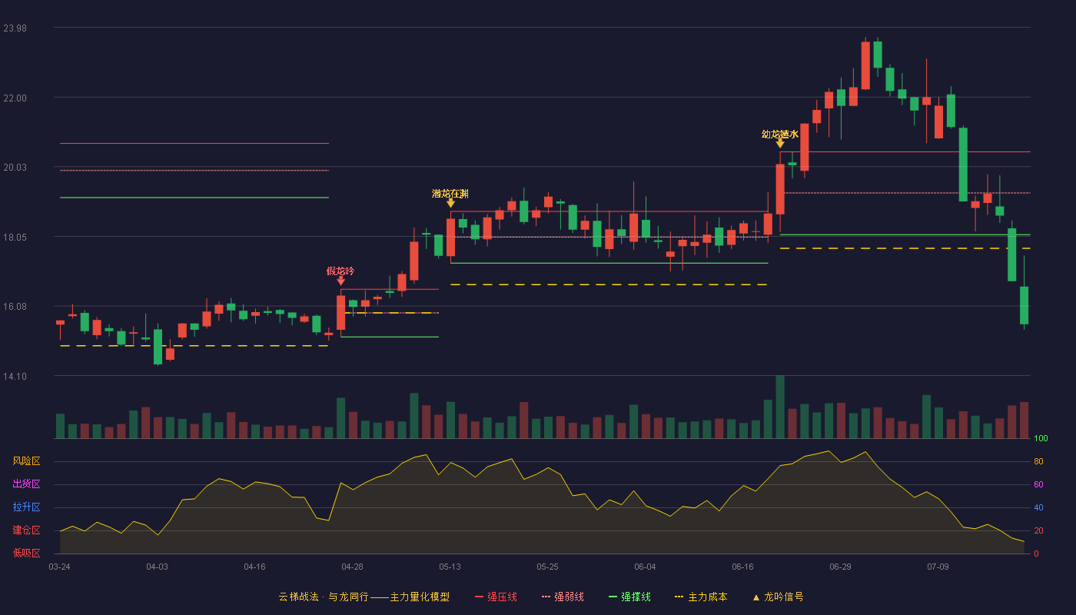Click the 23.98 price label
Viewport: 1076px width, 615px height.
(x=15, y=28)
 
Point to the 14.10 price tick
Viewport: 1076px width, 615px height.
(x=15, y=376)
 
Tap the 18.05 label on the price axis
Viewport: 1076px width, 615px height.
(x=15, y=238)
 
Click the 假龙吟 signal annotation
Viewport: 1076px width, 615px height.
(x=340, y=271)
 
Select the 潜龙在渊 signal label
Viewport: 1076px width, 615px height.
(x=450, y=194)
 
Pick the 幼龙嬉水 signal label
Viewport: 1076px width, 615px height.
(x=779, y=134)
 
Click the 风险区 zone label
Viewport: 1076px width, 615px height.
(x=26, y=460)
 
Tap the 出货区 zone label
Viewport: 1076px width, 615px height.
(x=26, y=484)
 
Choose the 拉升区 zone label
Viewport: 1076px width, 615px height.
(x=26, y=507)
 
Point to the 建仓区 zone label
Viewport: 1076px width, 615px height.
(x=26, y=530)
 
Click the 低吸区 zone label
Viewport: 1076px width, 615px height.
(x=26, y=553)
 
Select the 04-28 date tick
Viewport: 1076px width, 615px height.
(x=352, y=567)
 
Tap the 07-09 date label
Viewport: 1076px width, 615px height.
(x=938, y=567)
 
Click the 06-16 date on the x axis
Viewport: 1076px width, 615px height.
(x=742, y=567)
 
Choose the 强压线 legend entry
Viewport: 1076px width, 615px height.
(x=496, y=597)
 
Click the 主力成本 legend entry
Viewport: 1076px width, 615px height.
(x=701, y=597)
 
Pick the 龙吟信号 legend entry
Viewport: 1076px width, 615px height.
(x=778, y=597)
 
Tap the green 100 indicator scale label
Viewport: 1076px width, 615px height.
(x=1041, y=438)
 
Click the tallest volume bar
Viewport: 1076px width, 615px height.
(x=780, y=407)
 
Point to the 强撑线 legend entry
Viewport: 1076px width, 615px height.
(x=629, y=597)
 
